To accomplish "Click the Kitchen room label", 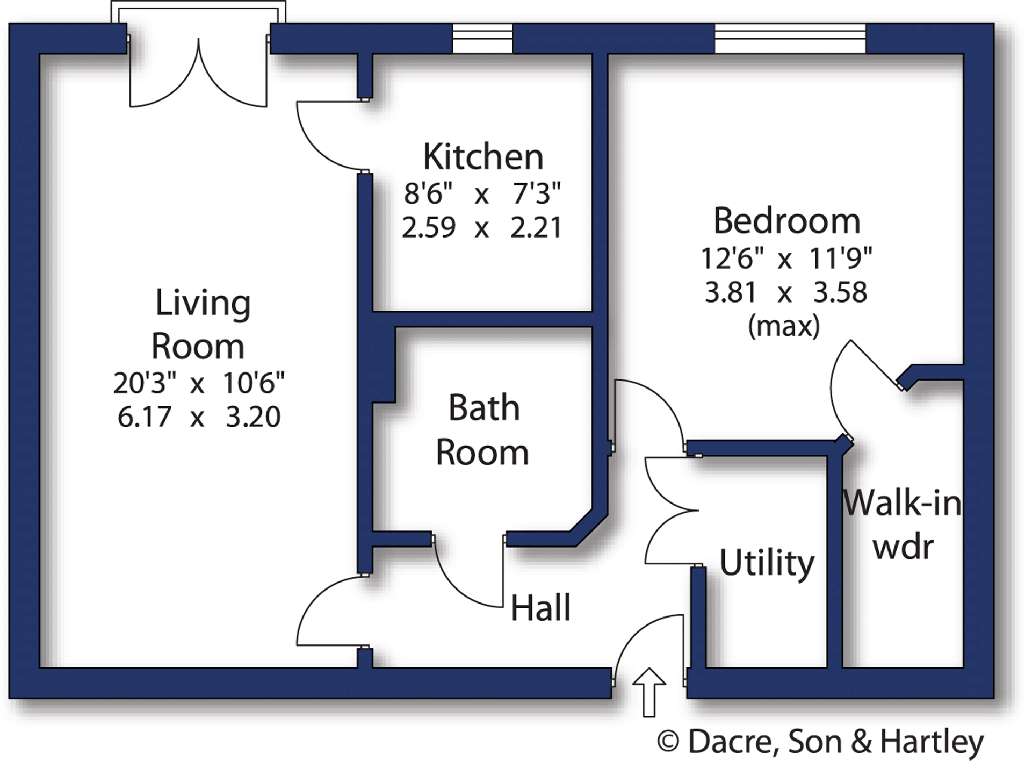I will click(x=483, y=157).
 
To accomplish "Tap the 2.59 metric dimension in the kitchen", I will click(x=429, y=227).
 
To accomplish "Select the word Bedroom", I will click(x=786, y=221).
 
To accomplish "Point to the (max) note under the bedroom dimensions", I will click(x=784, y=326).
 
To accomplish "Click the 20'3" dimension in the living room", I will click(x=145, y=383).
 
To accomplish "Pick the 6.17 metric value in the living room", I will click(x=145, y=417).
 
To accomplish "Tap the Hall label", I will click(x=540, y=608).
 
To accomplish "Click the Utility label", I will click(x=767, y=563).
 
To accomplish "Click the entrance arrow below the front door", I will click(x=649, y=692).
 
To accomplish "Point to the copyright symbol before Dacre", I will click(x=668, y=743).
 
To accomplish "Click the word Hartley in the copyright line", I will click(x=932, y=743).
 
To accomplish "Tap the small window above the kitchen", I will click(x=482, y=38).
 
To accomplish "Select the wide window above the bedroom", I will click(x=789, y=38).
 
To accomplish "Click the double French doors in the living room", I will click(x=198, y=75).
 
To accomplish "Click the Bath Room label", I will click(x=483, y=430).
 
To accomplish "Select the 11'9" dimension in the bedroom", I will click(x=840, y=259).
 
